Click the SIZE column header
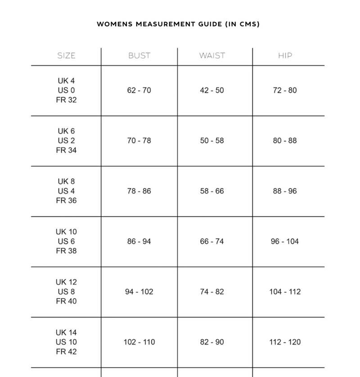66,56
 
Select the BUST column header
139,56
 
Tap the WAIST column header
212,56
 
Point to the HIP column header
285,56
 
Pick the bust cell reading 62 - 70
139,91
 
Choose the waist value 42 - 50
212,91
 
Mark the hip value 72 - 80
285,91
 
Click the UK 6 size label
66,131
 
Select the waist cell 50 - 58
212,141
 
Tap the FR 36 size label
66,200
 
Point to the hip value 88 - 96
285,191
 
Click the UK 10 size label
66,232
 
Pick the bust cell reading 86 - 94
139,242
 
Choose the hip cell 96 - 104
285,242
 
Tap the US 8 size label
66,292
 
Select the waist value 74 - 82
212,292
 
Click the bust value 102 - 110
139,342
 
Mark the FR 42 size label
66,351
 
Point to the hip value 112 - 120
285,342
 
